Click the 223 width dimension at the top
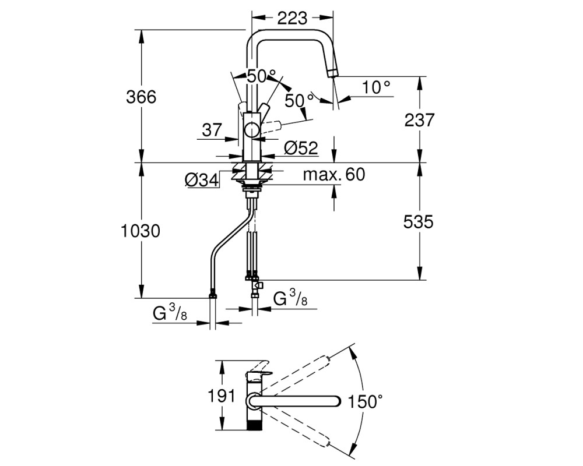[x=293, y=17]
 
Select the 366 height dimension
[x=141, y=97]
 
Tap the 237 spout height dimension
[x=419, y=120]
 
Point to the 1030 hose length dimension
[x=141, y=231]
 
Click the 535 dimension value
[x=418, y=222]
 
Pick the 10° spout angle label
[x=376, y=87]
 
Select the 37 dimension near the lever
[x=212, y=130]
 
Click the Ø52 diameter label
[x=301, y=148]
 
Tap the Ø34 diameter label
[x=202, y=180]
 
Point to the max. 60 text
[x=334, y=174]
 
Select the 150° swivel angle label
[x=365, y=401]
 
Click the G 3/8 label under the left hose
[x=170, y=314]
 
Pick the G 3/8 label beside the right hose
[x=290, y=298]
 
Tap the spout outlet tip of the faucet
[x=332, y=74]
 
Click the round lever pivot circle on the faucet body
[x=252, y=130]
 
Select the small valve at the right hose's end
[x=258, y=285]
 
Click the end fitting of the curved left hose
[x=213, y=295]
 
